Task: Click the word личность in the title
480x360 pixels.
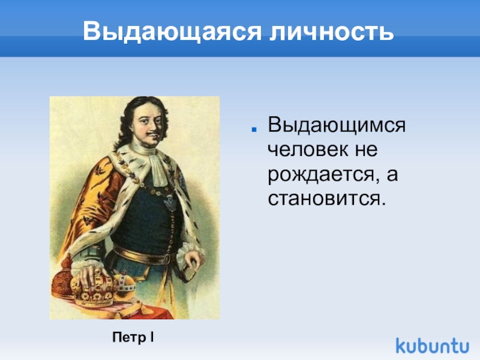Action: pos(325,31)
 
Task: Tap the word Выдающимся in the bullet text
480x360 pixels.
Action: pos(337,126)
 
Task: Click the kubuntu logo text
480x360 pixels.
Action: pos(432,346)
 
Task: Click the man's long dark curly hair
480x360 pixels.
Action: pos(123,126)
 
